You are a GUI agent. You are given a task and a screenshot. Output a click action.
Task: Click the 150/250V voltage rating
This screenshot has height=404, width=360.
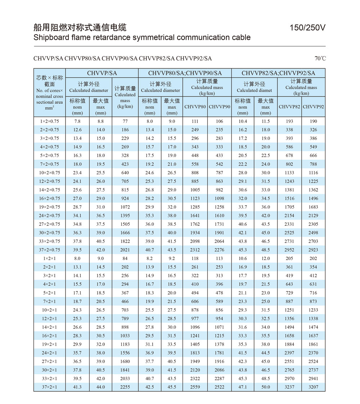click(x=307, y=28)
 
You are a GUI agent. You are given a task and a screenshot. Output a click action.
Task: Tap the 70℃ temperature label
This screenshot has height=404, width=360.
click(x=320, y=58)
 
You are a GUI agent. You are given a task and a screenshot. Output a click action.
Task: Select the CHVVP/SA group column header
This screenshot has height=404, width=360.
click(x=102, y=73)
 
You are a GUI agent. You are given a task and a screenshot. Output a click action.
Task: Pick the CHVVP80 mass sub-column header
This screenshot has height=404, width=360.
click(x=195, y=107)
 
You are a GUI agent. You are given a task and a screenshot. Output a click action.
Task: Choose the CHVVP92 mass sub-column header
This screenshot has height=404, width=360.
click(x=313, y=107)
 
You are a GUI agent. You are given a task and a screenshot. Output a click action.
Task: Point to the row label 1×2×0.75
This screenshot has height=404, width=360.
click(x=50, y=121)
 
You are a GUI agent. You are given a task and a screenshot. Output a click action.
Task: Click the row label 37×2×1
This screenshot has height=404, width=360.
click(x=50, y=387)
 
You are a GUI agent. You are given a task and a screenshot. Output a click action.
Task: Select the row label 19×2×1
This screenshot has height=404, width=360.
click(x=50, y=344)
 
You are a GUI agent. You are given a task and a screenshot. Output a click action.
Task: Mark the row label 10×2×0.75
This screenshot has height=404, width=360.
click(x=50, y=173)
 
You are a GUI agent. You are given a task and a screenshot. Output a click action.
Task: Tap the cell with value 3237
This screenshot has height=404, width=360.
click(x=289, y=387)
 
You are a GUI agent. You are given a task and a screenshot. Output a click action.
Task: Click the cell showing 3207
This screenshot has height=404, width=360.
click(x=313, y=387)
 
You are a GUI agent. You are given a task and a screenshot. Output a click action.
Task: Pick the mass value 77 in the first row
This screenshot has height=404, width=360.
click(x=125, y=121)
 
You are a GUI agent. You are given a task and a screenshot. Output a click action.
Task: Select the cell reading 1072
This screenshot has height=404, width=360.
click(x=125, y=207)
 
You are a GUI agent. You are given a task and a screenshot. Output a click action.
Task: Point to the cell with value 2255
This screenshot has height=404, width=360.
click(x=125, y=387)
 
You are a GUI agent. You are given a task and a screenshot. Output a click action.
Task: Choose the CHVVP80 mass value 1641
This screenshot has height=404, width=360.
click(x=195, y=216)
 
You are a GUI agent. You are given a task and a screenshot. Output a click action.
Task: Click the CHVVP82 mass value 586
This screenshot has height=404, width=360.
click(x=289, y=147)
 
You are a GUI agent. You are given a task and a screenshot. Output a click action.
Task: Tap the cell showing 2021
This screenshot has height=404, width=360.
click(x=125, y=250)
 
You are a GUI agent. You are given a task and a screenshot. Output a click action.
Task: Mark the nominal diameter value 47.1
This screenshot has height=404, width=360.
click(x=243, y=387)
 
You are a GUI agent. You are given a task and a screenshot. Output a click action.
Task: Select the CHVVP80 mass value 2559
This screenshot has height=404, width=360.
click(x=195, y=387)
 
